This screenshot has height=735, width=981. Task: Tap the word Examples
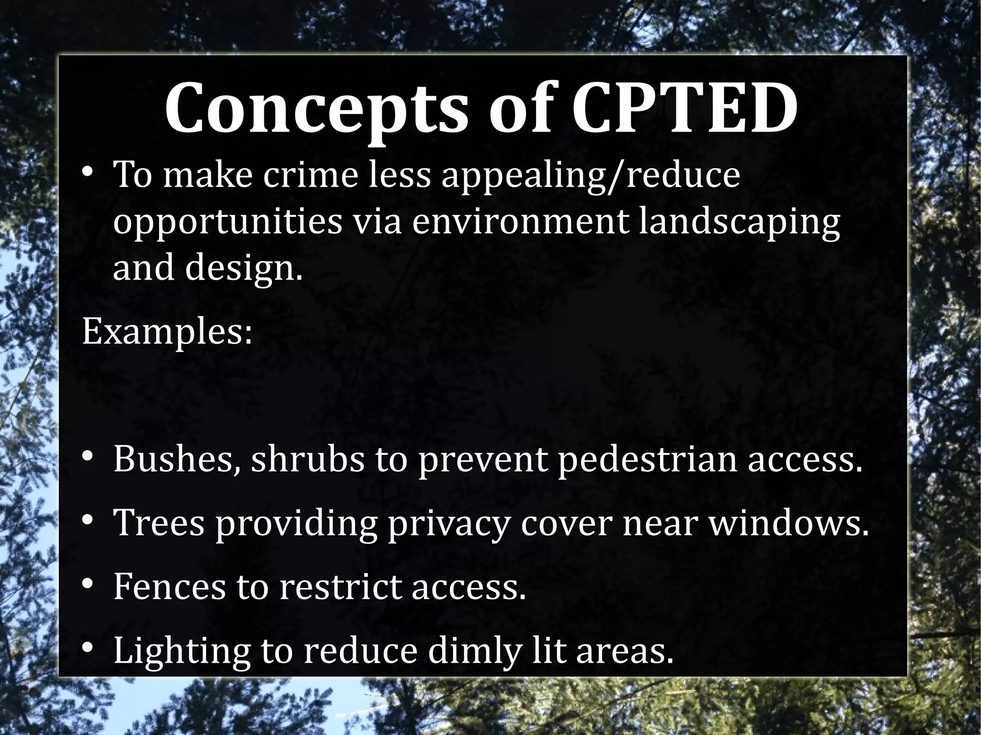167,333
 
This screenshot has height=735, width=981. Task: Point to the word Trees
158,524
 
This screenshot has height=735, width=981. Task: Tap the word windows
788,524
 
